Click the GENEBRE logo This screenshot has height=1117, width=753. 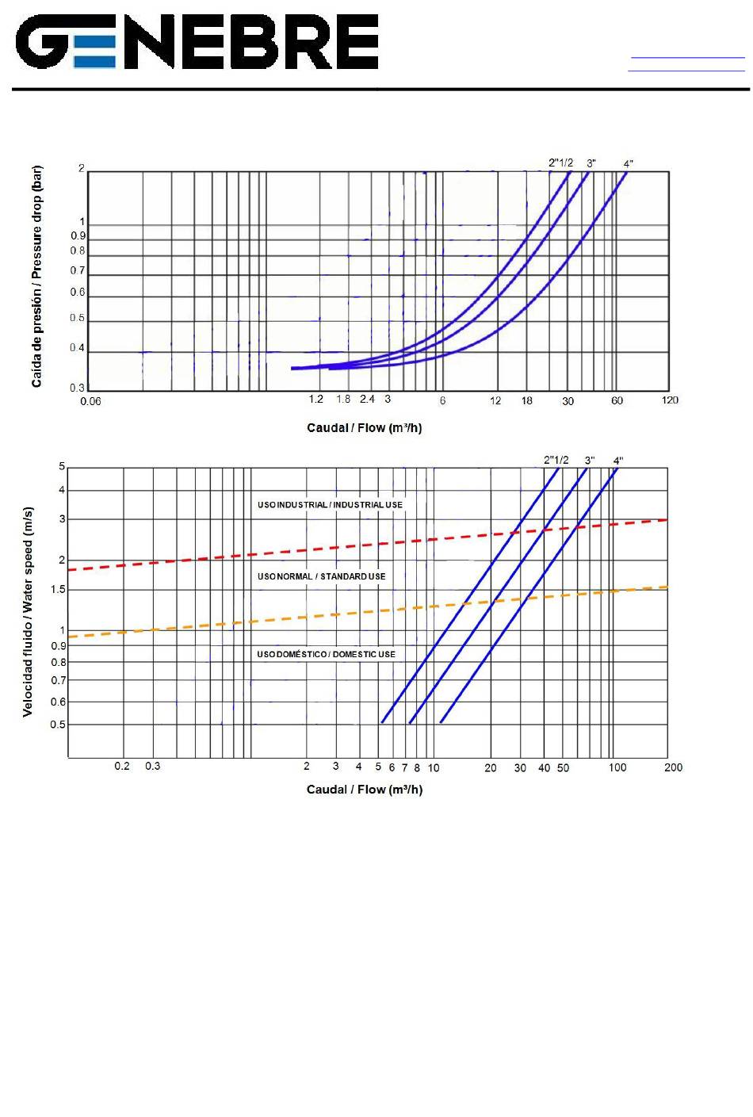click(x=197, y=42)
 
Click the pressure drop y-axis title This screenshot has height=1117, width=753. click(x=36, y=277)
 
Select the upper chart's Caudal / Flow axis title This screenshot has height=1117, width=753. click(x=364, y=428)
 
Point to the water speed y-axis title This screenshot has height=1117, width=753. click(x=29, y=612)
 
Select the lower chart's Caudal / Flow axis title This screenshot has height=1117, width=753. click(x=364, y=790)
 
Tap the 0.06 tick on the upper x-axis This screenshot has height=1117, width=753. click(x=91, y=401)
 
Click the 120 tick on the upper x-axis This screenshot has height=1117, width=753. click(x=670, y=400)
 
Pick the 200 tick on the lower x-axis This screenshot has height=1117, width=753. click(x=673, y=767)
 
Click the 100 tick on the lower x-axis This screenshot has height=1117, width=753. click(x=617, y=767)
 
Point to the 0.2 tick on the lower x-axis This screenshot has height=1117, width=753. click(x=122, y=767)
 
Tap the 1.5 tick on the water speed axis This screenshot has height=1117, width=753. click(x=58, y=590)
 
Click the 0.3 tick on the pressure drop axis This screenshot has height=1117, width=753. click(x=77, y=388)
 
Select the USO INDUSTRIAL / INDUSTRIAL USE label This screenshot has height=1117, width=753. click(x=330, y=505)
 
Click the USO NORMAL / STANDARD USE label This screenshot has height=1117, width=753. click(x=321, y=576)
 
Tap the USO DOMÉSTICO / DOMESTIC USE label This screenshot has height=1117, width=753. click(x=326, y=655)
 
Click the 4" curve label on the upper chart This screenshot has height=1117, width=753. click(x=628, y=164)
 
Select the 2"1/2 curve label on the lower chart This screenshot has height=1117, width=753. click(x=556, y=461)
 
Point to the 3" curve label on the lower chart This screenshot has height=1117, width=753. click(x=590, y=461)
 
